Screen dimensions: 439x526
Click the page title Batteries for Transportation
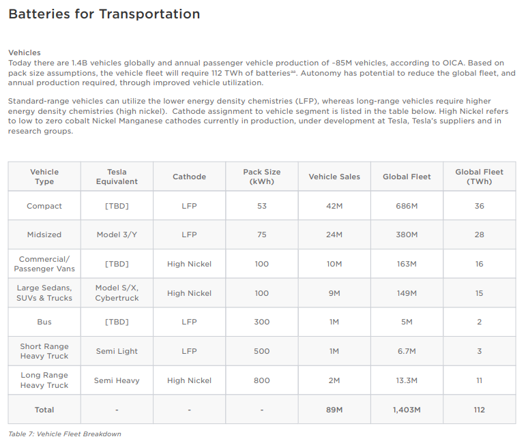click(x=104, y=14)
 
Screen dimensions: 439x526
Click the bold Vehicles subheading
click(x=25, y=52)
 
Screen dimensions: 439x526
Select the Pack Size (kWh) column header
click(x=262, y=177)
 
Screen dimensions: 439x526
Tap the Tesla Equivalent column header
click(x=117, y=177)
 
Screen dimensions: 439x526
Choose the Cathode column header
click(x=189, y=177)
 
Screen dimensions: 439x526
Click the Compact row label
click(x=44, y=206)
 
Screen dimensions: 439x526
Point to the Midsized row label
click(x=44, y=234)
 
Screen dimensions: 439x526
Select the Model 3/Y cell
click(x=117, y=234)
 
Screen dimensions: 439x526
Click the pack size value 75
click(x=262, y=234)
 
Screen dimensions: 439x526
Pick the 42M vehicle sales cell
click(x=334, y=206)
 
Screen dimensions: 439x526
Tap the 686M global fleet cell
click(x=407, y=206)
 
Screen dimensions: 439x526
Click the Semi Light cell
click(x=117, y=351)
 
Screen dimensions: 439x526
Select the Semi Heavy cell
click(x=117, y=380)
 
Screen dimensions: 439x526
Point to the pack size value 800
click(x=262, y=380)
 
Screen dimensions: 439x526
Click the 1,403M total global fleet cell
click(x=407, y=410)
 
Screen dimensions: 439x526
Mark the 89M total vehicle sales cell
click(x=334, y=410)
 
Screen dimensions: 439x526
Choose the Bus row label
click(x=44, y=322)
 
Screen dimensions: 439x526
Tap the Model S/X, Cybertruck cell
click(x=117, y=293)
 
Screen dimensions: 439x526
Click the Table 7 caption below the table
click(x=64, y=434)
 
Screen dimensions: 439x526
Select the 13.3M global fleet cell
click(x=407, y=380)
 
